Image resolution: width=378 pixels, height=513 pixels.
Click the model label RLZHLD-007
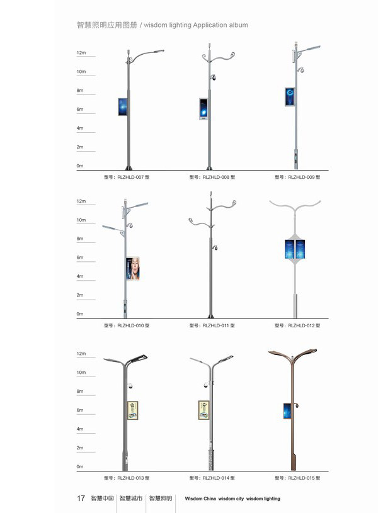[131, 178]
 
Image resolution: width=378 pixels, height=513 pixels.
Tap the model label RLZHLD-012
[302, 325]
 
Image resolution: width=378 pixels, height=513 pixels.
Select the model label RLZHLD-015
[302, 478]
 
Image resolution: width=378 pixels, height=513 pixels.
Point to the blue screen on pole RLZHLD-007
[123, 106]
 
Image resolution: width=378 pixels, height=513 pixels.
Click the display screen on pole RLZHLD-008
[203, 109]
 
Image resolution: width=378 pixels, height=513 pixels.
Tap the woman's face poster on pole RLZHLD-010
[133, 268]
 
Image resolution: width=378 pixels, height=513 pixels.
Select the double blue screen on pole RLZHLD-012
[295, 249]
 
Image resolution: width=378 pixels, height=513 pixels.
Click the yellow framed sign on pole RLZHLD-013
[132, 410]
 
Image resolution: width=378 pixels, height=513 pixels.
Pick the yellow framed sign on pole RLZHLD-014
[203, 410]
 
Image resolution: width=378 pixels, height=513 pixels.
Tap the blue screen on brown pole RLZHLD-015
[287, 411]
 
